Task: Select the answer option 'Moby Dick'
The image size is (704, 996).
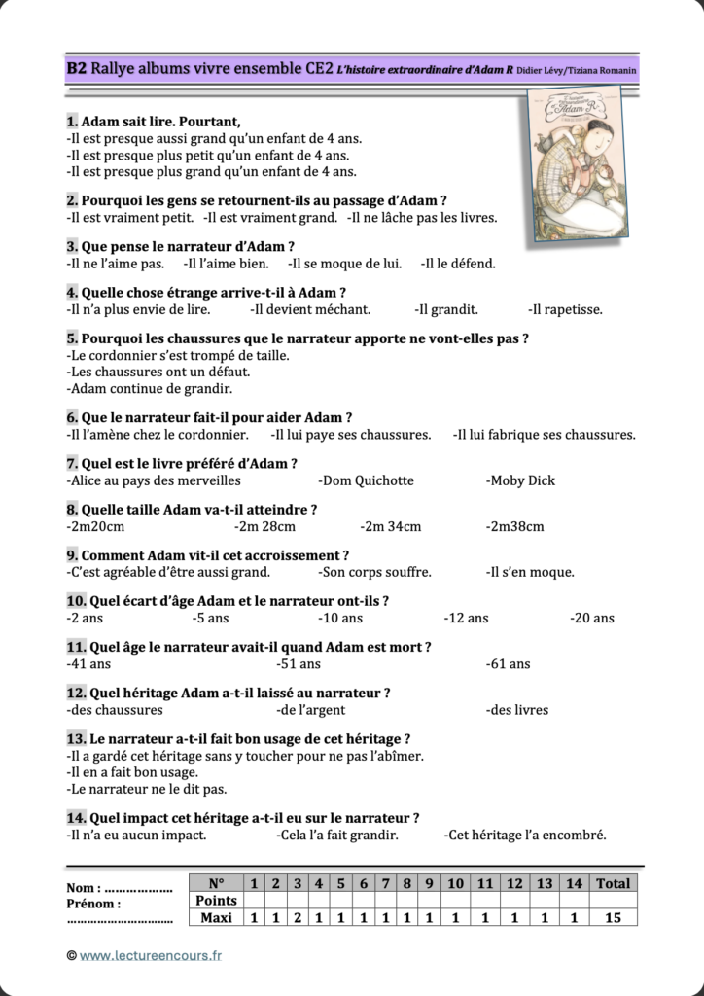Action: point(521,480)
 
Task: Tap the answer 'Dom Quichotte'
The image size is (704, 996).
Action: point(366,480)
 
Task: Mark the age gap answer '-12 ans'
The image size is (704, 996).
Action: point(466,618)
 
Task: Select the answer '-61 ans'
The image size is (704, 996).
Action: point(508,664)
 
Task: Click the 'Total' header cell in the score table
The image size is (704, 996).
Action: point(613,883)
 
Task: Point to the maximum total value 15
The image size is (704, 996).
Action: point(613,917)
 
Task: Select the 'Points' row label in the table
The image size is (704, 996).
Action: point(217,901)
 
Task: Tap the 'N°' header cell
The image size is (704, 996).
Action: point(217,883)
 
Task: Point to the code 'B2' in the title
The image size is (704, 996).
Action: point(77,68)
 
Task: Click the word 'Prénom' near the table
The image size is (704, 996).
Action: point(93,904)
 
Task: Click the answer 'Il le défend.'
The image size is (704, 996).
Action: point(458,264)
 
